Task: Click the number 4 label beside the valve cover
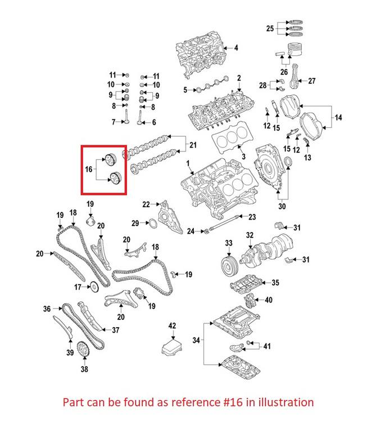(236, 48)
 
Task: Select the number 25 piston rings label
(270, 28)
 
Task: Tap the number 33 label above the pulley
(228, 243)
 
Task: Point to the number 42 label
(173, 326)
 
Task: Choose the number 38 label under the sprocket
(84, 370)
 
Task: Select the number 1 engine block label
(189, 164)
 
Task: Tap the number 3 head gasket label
(243, 156)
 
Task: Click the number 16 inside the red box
(89, 168)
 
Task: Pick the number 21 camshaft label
(193, 146)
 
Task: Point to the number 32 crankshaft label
(250, 235)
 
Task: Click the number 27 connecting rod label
(311, 81)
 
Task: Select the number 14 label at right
(338, 117)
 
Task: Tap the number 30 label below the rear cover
(282, 207)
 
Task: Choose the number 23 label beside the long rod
(252, 217)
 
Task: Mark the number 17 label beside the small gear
(78, 287)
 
